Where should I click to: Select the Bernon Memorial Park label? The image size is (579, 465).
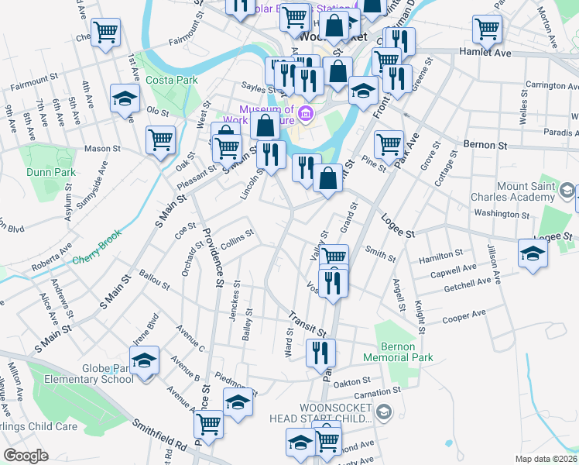point(406,352)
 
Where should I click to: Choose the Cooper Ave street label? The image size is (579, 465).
point(464,317)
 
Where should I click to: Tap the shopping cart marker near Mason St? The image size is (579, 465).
point(160,140)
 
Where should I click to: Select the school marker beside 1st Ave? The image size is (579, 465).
point(124,98)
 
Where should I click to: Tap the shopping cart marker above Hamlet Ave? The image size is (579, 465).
point(487,29)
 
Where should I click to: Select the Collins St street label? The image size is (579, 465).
point(238,239)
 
